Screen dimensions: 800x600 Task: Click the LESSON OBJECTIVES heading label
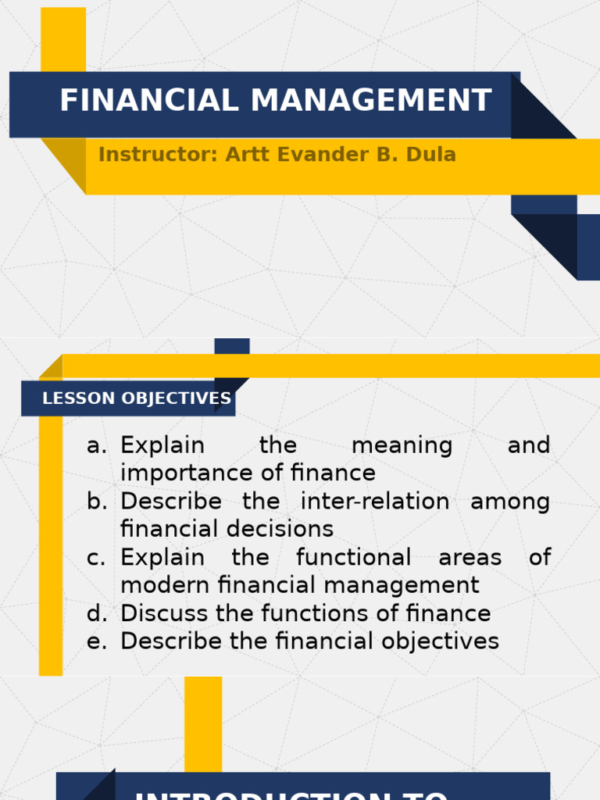coord(137,398)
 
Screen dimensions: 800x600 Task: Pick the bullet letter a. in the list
coord(96,446)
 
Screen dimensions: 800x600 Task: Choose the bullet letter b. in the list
coord(97,502)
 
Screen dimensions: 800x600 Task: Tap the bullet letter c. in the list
coord(96,558)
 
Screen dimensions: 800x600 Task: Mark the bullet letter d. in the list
coord(97,614)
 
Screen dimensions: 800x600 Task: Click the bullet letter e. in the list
coord(97,642)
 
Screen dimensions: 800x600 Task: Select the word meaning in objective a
coord(402,446)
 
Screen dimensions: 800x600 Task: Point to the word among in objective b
coord(510,502)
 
